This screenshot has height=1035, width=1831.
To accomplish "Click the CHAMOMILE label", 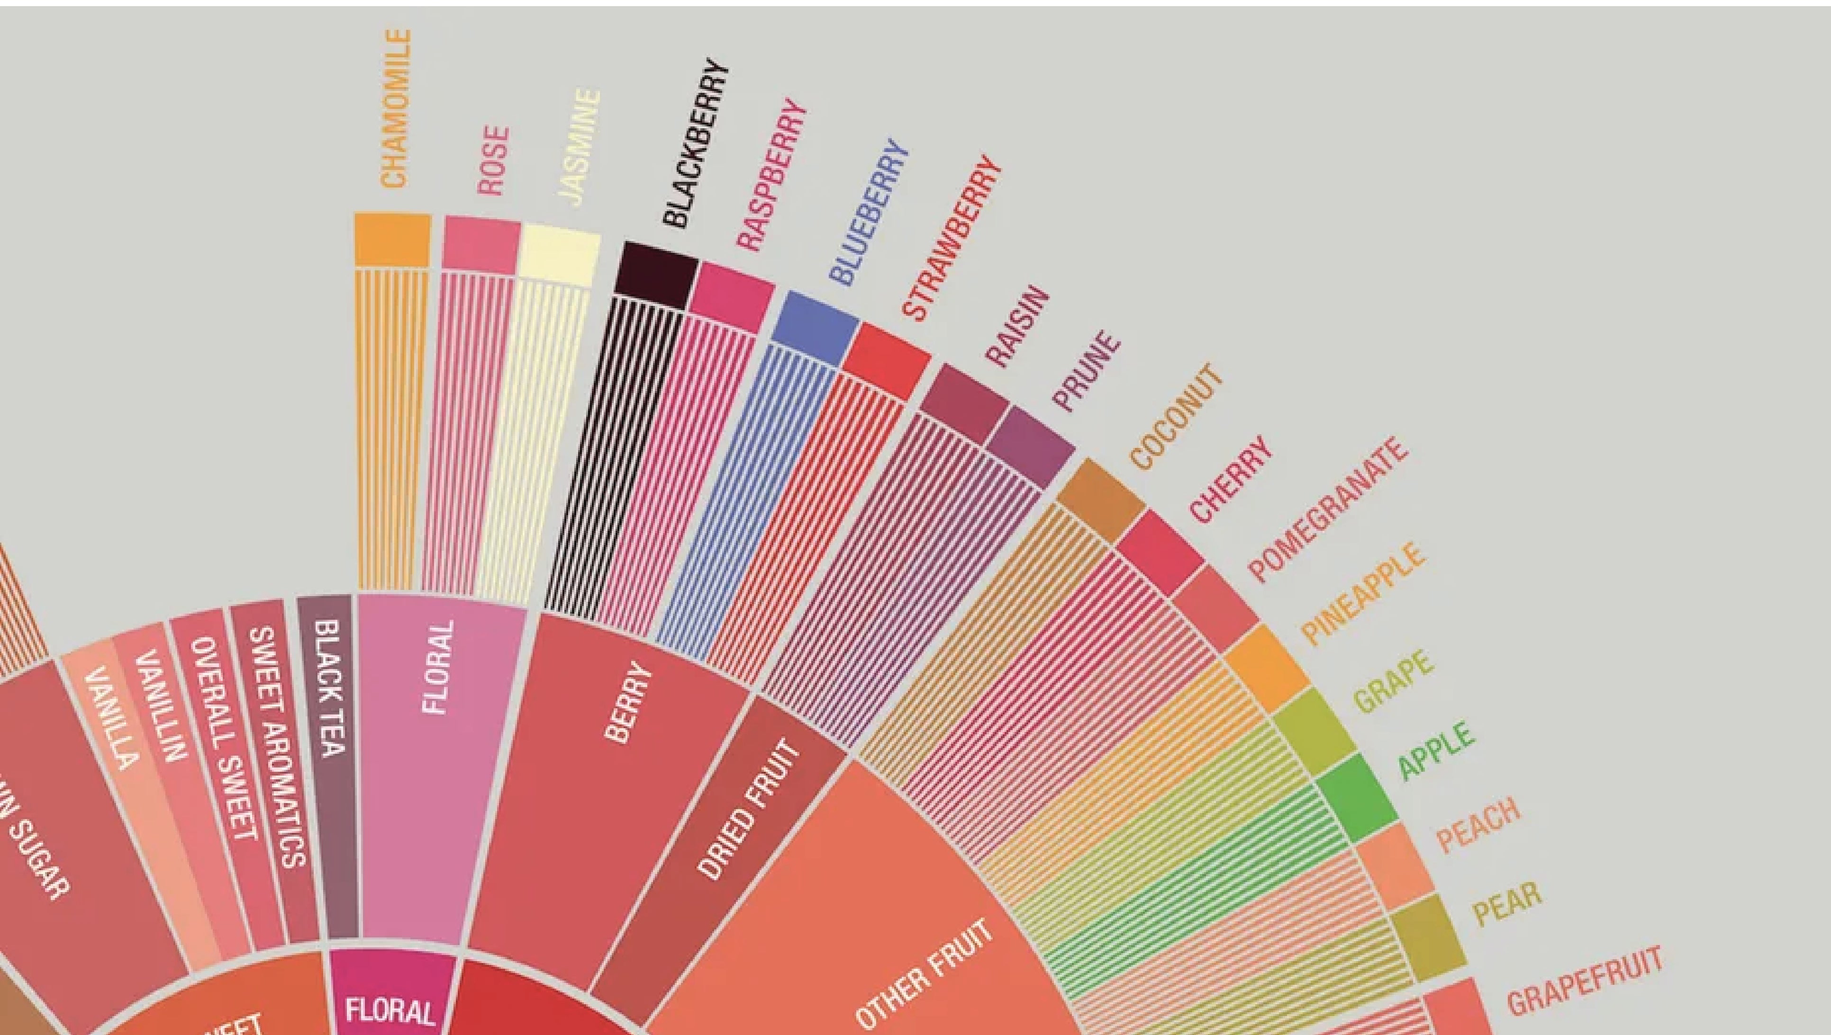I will click(x=396, y=109).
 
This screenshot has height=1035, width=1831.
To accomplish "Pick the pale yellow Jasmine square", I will click(x=558, y=254).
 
